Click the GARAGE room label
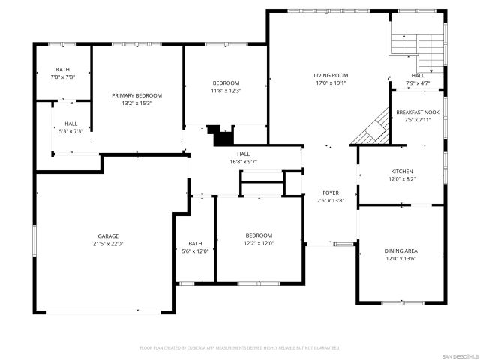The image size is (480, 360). pyautogui.click(x=108, y=235)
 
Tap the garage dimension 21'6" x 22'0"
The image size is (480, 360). pyautogui.click(x=108, y=244)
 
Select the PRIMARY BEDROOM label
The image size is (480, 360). pyautogui.click(x=137, y=95)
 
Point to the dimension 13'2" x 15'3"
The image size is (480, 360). pyautogui.click(x=137, y=103)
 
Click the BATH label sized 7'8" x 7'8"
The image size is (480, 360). pyautogui.click(x=63, y=69)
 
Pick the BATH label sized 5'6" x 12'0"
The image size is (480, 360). pyautogui.click(x=195, y=243)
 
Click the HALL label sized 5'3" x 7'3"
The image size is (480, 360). pyautogui.click(x=70, y=124)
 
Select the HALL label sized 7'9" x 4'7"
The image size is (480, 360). pyautogui.click(x=418, y=75)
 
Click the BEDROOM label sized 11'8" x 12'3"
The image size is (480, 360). pyautogui.click(x=226, y=82)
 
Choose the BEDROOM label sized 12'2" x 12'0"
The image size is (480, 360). pyautogui.click(x=259, y=235)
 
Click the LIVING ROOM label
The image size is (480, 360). pyautogui.click(x=331, y=75)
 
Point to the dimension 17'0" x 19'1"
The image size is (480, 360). pyautogui.click(x=331, y=83)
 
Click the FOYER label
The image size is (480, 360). pyautogui.click(x=331, y=193)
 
